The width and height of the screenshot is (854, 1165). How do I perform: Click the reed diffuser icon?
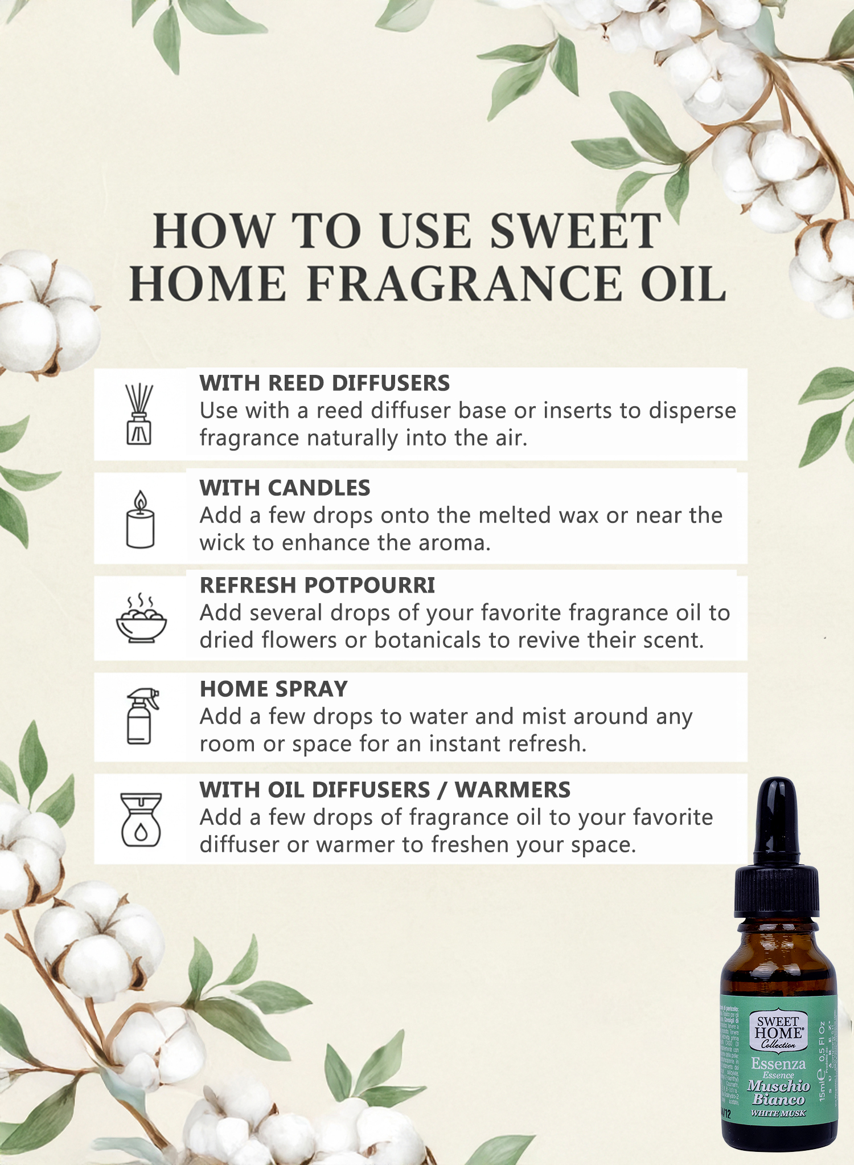pos(139,414)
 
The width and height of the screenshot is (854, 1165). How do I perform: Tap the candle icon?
pos(140,520)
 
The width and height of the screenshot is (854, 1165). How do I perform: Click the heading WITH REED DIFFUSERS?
pos(324,383)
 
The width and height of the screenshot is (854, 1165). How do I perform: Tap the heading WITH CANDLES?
pos(285,488)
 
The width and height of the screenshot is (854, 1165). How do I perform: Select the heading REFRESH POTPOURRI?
pos(317,586)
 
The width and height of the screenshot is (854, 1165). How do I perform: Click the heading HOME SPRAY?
pos(273,689)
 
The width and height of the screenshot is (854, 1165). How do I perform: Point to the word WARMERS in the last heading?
pos(512,790)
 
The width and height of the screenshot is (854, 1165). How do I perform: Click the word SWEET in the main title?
pos(575,231)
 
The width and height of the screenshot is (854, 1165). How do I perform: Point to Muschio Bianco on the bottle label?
pos(778,1093)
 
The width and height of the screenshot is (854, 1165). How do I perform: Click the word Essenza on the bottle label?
pos(778,1064)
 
